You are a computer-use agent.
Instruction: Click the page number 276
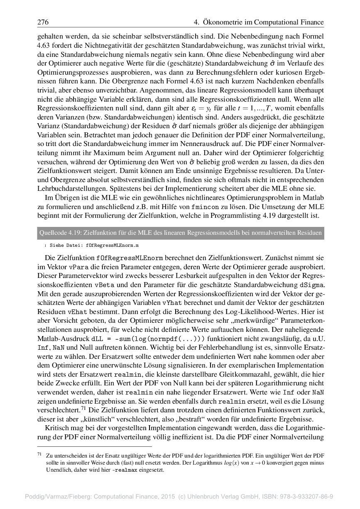click(x=43, y=22)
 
